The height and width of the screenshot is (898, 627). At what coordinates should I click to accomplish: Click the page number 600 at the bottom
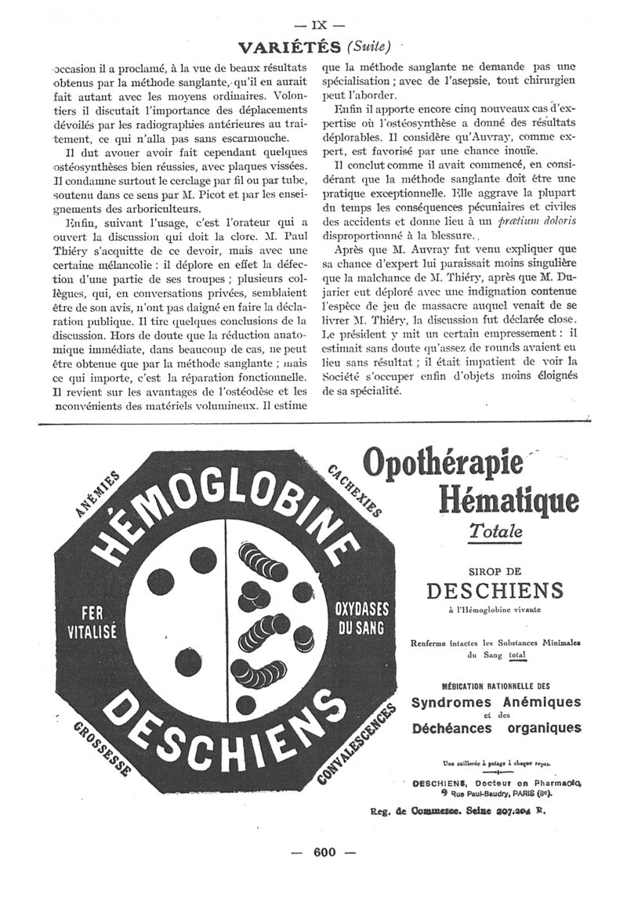[x=324, y=853]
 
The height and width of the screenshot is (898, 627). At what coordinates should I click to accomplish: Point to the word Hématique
[x=509, y=499]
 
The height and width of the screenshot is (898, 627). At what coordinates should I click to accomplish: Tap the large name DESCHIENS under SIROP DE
[x=494, y=589]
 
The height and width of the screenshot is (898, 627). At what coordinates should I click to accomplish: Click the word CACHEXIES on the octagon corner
[x=354, y=489]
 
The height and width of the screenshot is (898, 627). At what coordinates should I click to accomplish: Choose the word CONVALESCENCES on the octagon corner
[x=353, y=744]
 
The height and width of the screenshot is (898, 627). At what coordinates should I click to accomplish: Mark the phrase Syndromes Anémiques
[x=496, y=701]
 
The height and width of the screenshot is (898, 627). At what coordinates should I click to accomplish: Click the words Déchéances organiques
[x=496, y=728]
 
